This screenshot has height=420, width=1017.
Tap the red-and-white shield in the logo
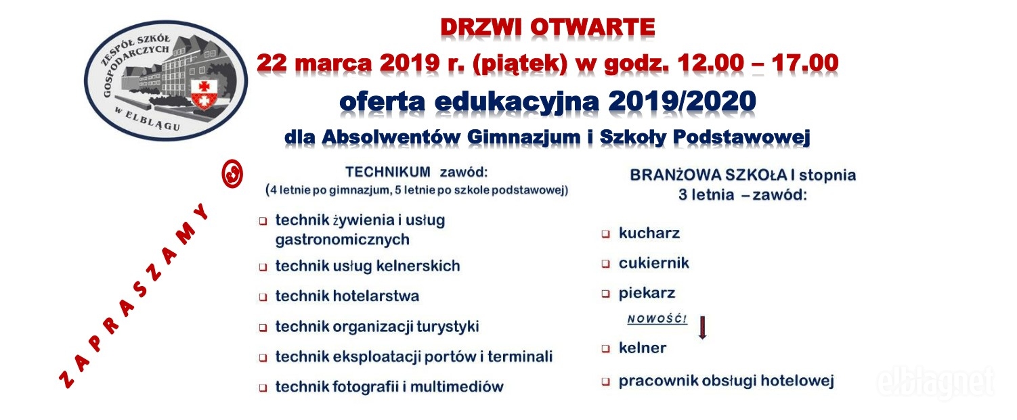203,94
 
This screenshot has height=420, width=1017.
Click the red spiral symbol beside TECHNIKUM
232,174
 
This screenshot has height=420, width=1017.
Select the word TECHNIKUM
388,172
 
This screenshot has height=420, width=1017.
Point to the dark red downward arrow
702,327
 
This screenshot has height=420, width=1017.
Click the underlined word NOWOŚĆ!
657,319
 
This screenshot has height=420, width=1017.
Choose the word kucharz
649,233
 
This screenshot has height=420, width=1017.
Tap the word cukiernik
654,263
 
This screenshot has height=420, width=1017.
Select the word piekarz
647,294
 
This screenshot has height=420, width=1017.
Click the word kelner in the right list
643,348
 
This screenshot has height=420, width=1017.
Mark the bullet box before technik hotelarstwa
263,298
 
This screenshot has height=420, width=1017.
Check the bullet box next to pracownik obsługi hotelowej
605,381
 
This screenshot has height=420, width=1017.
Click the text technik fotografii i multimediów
389,386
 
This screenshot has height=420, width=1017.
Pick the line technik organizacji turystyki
377,327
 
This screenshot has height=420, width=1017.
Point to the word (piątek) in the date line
520,63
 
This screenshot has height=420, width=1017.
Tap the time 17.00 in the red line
804,62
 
